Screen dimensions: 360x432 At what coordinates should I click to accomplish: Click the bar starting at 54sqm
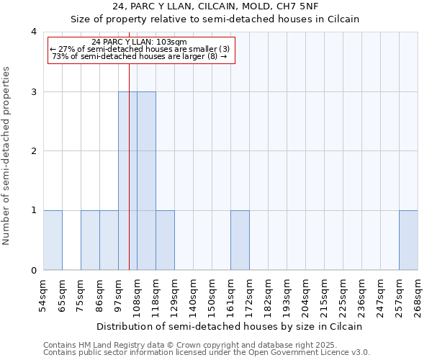tap(53, 240)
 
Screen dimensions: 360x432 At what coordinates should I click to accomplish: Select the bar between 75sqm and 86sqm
tap(90, 240)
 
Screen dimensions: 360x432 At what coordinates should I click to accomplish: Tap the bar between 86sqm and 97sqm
tap(109, 240)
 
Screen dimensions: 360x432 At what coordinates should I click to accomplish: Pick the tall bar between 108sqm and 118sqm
tap(146, 181)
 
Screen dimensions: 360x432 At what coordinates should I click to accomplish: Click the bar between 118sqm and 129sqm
tap(165, 240)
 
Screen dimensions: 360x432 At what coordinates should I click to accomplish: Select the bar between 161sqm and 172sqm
tap(240, 240)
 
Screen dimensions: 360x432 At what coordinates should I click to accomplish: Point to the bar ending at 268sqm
tap(408, 240)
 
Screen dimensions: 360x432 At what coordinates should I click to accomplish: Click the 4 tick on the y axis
tap(34, 32)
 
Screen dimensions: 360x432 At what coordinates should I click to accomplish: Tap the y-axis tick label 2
tap(34, 151)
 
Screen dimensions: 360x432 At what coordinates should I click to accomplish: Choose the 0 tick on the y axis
tap(34, 271)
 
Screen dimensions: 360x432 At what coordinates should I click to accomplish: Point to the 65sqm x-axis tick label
tap(62, 295)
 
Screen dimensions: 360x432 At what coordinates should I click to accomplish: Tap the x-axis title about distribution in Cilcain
tap(230, 327)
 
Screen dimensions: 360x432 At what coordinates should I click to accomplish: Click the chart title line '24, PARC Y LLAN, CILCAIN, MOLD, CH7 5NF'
tap(215, 6)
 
